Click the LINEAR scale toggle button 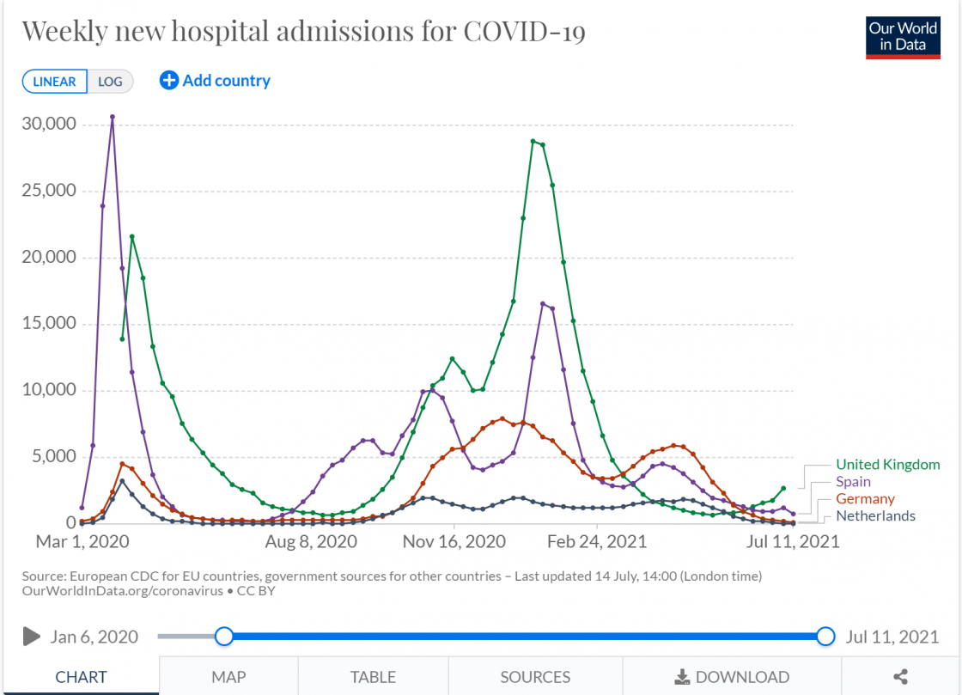click(x=55, y=82)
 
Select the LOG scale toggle click(x=110, y=82)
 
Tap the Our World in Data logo click(x=902, y=36)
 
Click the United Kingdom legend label click(x=887, y=465)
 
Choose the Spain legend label click(x=853, y=482)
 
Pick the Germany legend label click(x=865, y=499)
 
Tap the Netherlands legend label click(x=875, y=516)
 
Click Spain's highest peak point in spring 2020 click(x=113, y=117)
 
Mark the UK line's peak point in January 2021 click(x=533, y=141)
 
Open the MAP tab click(x=228, y=677)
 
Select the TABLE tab click(x=373, y=677)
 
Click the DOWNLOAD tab click(x=732, y=677)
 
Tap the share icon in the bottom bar click(x=901, y=677)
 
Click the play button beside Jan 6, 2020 click(x=32, y=637)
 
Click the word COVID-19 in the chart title click(x=524, y=32)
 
